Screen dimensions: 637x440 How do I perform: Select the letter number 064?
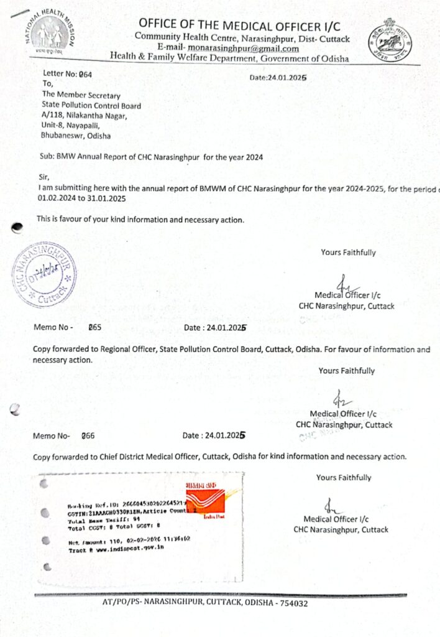(x=86, y=74)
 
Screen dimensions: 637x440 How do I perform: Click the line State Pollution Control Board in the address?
(x=91, y=106)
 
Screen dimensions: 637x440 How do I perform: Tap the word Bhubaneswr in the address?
(x=62, y=134)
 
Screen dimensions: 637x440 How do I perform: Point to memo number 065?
(x=96, y=327)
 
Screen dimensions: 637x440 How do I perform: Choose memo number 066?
(x=88, y=436)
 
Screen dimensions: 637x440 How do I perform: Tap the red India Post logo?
(x=205, y=497)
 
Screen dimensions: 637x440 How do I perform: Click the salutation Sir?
(x=43, y=177)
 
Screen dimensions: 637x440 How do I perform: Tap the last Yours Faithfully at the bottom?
(x=344, y=478)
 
